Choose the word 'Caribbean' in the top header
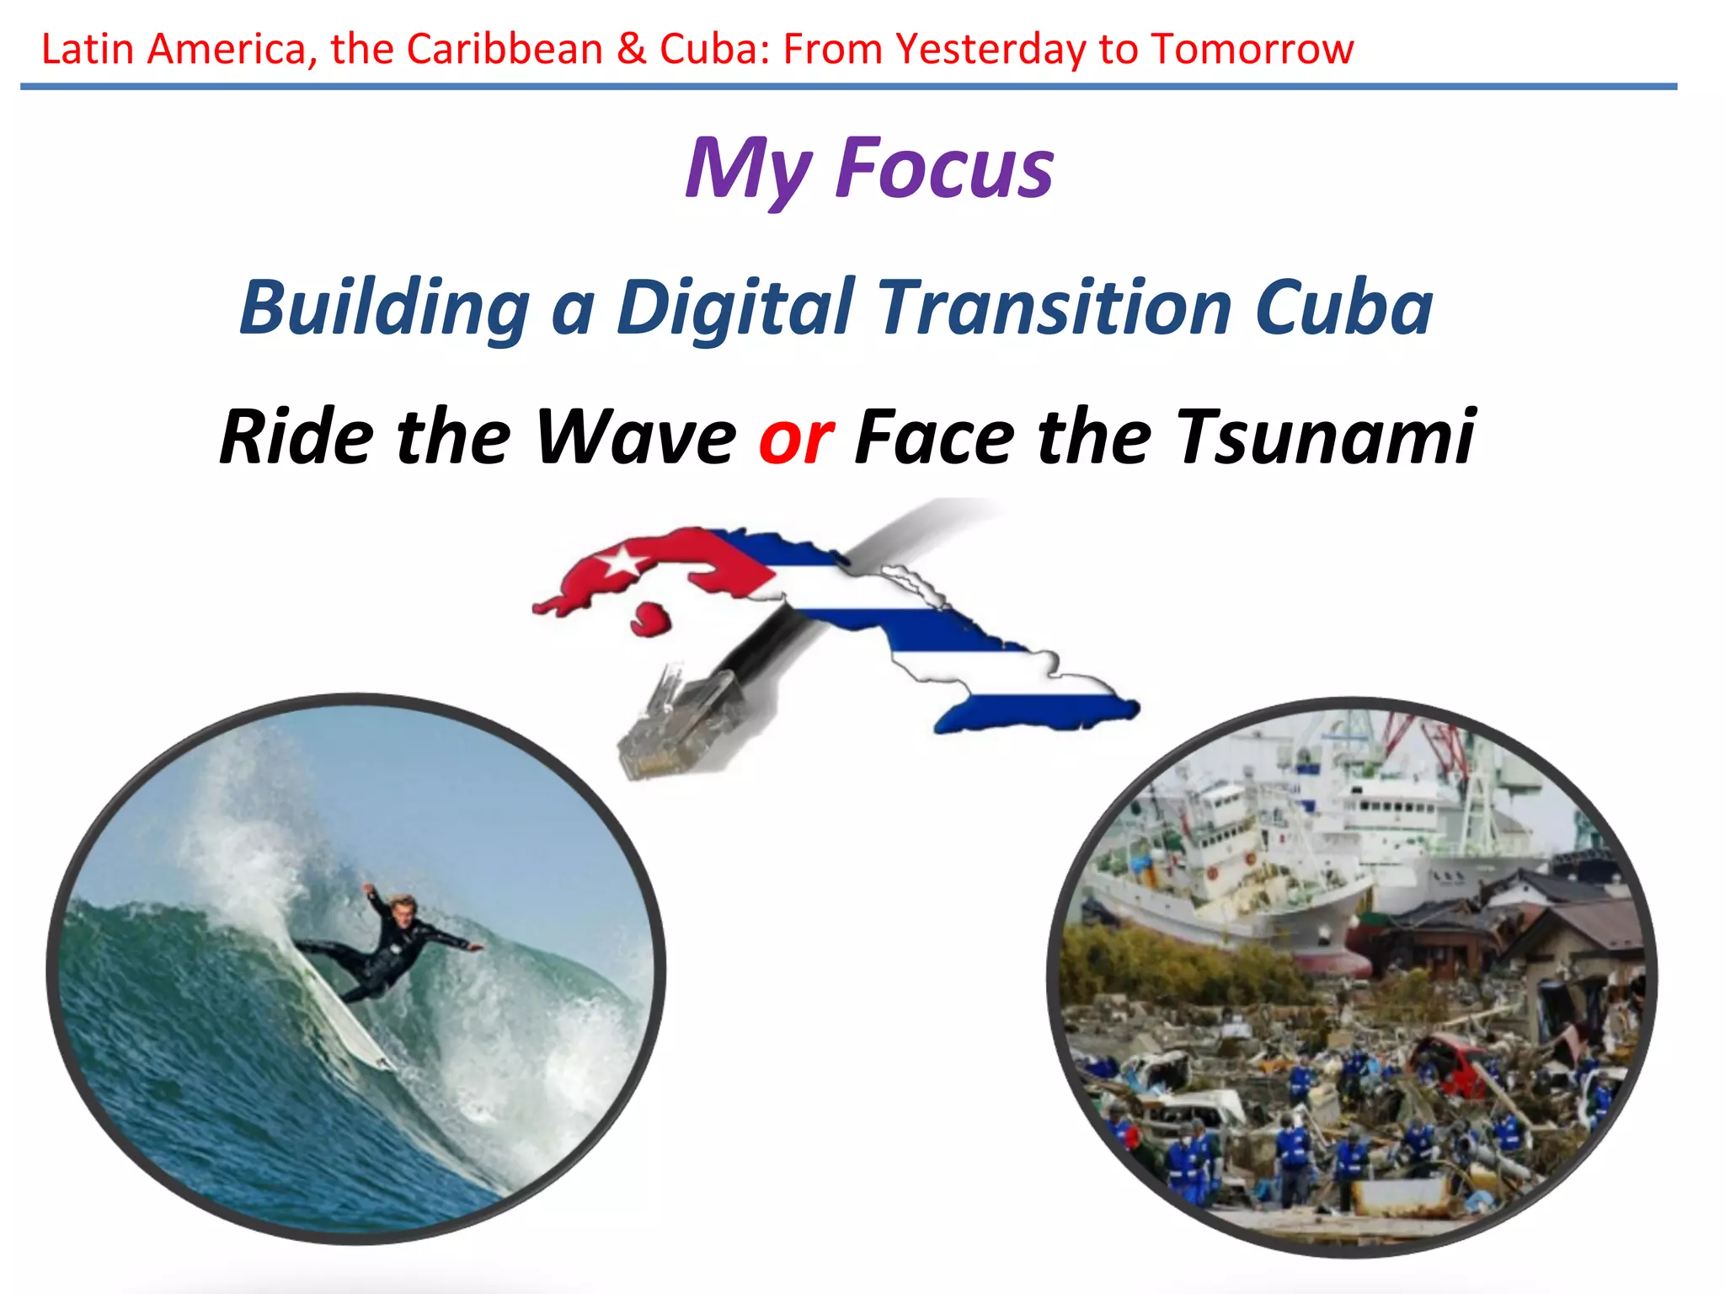(505, 49)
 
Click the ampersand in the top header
(631, 49)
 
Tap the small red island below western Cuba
(650, 619)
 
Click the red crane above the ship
(1432, 741)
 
